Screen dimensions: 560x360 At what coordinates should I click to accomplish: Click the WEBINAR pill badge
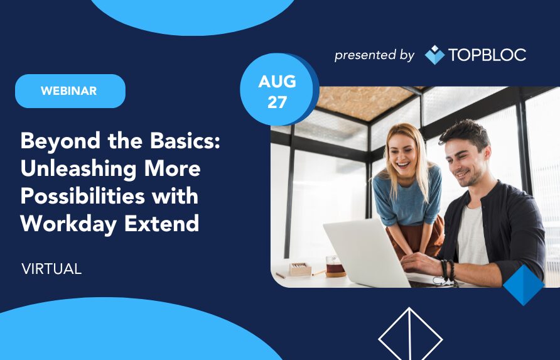[x=70, y=91]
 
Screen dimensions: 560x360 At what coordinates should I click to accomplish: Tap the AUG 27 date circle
[x=277, y=90]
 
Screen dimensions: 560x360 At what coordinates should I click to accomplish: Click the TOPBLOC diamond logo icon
[x=434, y=55]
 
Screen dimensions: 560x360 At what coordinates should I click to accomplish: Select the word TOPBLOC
[x=487, y=55]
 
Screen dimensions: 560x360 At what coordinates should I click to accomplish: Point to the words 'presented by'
[x=374, y=55]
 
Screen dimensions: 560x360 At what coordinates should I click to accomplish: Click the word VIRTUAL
[x=51, y=269]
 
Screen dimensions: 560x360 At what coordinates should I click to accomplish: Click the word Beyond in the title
[x=61, y=141]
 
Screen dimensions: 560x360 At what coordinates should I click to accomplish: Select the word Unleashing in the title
[x=78, y=169]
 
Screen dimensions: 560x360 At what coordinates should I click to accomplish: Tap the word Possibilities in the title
[x=82, y=196]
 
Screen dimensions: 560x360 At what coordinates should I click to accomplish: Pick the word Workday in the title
[x=68, y=224]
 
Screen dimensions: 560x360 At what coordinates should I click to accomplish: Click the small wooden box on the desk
[x=300, y=269]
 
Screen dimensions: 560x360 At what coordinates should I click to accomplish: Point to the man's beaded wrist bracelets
[x=448, y=271]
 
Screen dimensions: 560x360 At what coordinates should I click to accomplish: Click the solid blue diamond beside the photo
[x=524, y=285]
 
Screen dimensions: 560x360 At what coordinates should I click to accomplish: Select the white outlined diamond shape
[x=411, y=334]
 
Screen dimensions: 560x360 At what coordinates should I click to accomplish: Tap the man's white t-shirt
[x=472, y=236]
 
